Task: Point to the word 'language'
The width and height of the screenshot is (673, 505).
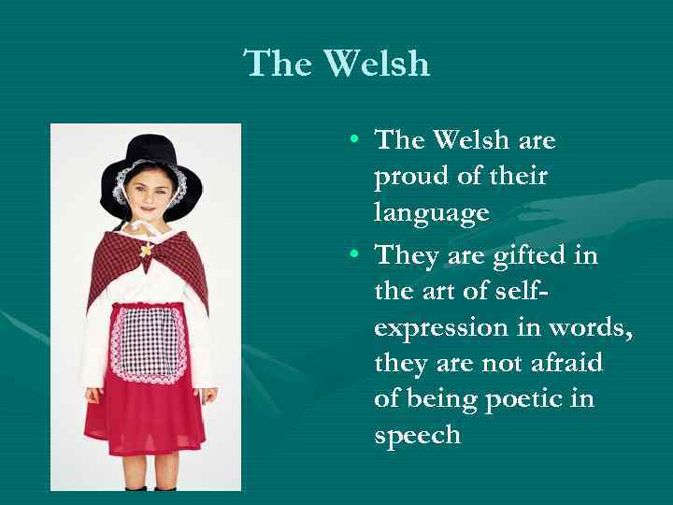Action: click(x=431, y=214)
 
